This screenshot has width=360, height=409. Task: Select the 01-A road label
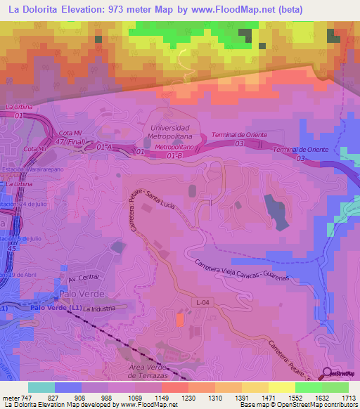pyautogui.click(x=105, y=146)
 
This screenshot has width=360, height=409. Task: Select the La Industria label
pyautogui.click(x=98, y=309)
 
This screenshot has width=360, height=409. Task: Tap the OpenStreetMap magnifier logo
pyautogui.click(x=328, y=375)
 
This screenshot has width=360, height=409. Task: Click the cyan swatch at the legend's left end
pyautogui.click(x=41, y=387)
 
